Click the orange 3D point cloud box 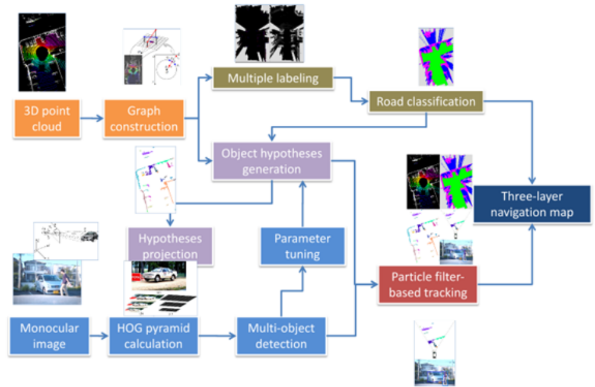[x=47, y=119]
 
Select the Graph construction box [x=143, y=119]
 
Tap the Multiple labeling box [x=272, y=79]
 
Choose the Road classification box [x=426, y=101]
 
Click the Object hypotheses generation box [x=272, y=161]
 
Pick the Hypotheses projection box [x=170, y=246]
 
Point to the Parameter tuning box [x=302, y=246]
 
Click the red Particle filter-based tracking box [x=429, y=285]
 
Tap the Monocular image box [x=50, y=336]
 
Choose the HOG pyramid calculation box [x=154, y=336]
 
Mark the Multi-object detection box [x=281, y=336]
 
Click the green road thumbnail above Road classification [x=436, y=56]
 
